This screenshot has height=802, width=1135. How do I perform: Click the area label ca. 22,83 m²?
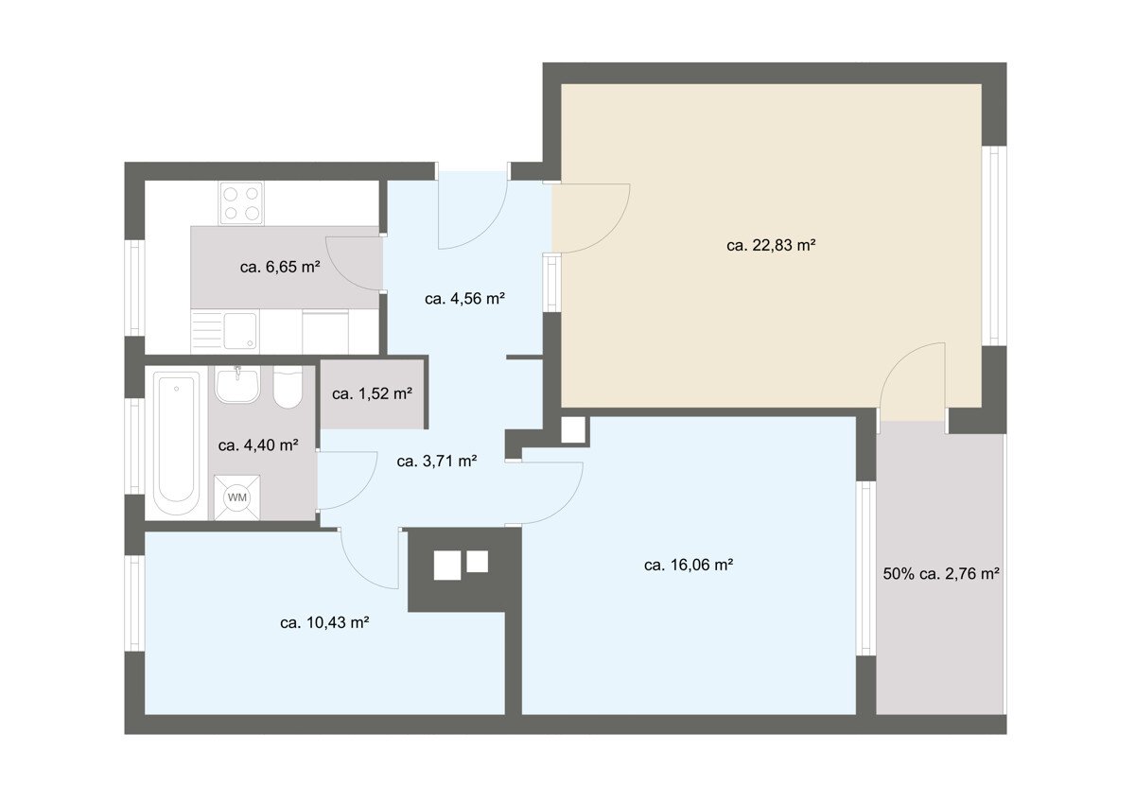point(771,246)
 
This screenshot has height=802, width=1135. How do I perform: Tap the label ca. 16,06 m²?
point(690,565)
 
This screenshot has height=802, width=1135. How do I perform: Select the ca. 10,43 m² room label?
point(324,622)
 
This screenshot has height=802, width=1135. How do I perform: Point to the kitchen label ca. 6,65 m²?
point(280,267)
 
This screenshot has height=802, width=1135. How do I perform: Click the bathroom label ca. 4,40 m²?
point(258,445)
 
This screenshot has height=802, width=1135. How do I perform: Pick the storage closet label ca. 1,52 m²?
point(372,393)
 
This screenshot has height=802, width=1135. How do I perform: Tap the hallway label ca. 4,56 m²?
point(464,299)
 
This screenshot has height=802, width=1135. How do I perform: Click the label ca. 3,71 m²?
point(437,461)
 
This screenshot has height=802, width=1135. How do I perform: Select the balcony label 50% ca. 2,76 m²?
point(941,573)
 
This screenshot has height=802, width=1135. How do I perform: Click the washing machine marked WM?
point(236,497)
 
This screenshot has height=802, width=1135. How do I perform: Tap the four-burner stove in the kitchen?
point(241,202)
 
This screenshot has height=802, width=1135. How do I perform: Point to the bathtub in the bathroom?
point(176,444)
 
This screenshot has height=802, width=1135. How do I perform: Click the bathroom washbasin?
point(237,385)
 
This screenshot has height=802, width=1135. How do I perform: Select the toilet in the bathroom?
point(288,387)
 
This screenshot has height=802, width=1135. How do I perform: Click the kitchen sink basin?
point(240,331)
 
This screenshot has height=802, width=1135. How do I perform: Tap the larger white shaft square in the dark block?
point(446,566)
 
